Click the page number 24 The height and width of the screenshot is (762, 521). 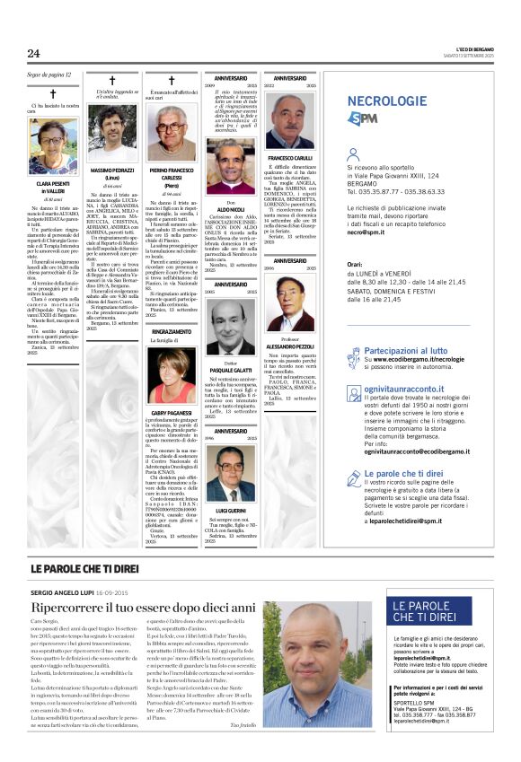(34, 54)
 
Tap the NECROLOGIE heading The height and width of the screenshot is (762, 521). (386, 101)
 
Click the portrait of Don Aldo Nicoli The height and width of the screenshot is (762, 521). (231, 163)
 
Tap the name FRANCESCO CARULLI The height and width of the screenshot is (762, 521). (290, 159)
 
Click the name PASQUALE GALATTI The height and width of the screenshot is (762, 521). (231, 371)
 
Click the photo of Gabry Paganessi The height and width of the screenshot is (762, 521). (172, 375)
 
